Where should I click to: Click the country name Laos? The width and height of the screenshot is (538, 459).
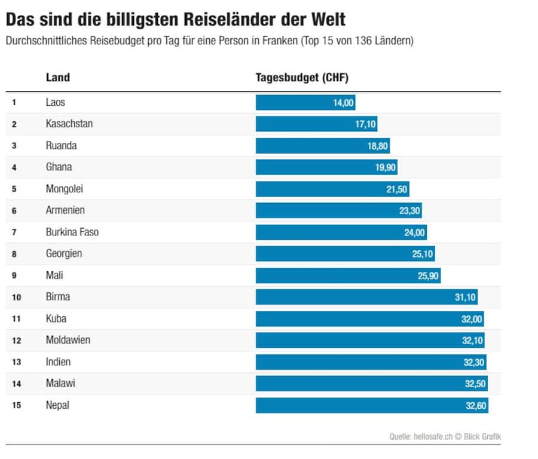coord(56,102)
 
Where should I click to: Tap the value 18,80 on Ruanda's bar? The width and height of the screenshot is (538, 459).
coord(378,145)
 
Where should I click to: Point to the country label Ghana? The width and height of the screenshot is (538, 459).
coord(59,167)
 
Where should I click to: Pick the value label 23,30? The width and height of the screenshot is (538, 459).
coord(410,210)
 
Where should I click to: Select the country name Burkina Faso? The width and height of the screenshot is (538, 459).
coord(72,232)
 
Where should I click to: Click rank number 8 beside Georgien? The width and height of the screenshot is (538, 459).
coord(14,254)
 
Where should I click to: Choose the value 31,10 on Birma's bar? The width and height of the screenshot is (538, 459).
coord(464,297)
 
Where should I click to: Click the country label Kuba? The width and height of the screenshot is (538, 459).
coord(56,319)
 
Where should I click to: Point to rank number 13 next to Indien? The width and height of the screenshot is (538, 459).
coord(16,362)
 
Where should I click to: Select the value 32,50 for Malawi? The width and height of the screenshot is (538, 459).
coord(475,384)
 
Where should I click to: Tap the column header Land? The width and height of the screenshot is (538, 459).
coord(58,78)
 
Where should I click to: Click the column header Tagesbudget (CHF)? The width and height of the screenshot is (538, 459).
coord(302,78)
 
